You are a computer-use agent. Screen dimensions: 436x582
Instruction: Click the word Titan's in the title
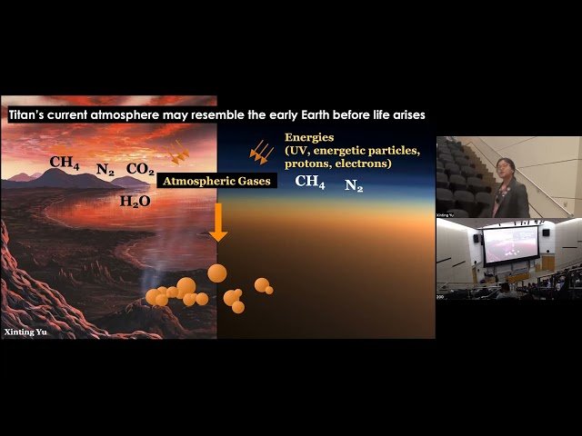point(29,115)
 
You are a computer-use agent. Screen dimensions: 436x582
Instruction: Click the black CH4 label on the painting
point(65,163)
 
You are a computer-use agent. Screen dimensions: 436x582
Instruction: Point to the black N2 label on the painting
point(105,169)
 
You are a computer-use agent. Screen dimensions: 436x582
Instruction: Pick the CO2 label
point(140,169)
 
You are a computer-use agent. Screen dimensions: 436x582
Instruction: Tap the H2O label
point(135,202)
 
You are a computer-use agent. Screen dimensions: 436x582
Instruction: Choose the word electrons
point(362,163)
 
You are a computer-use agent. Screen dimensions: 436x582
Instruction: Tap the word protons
point(307,163)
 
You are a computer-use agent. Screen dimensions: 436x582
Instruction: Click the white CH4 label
point(310,183)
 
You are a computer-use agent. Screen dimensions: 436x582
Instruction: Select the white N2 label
point(354,185)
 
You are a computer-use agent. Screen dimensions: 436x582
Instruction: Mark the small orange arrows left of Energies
point(262,152)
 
